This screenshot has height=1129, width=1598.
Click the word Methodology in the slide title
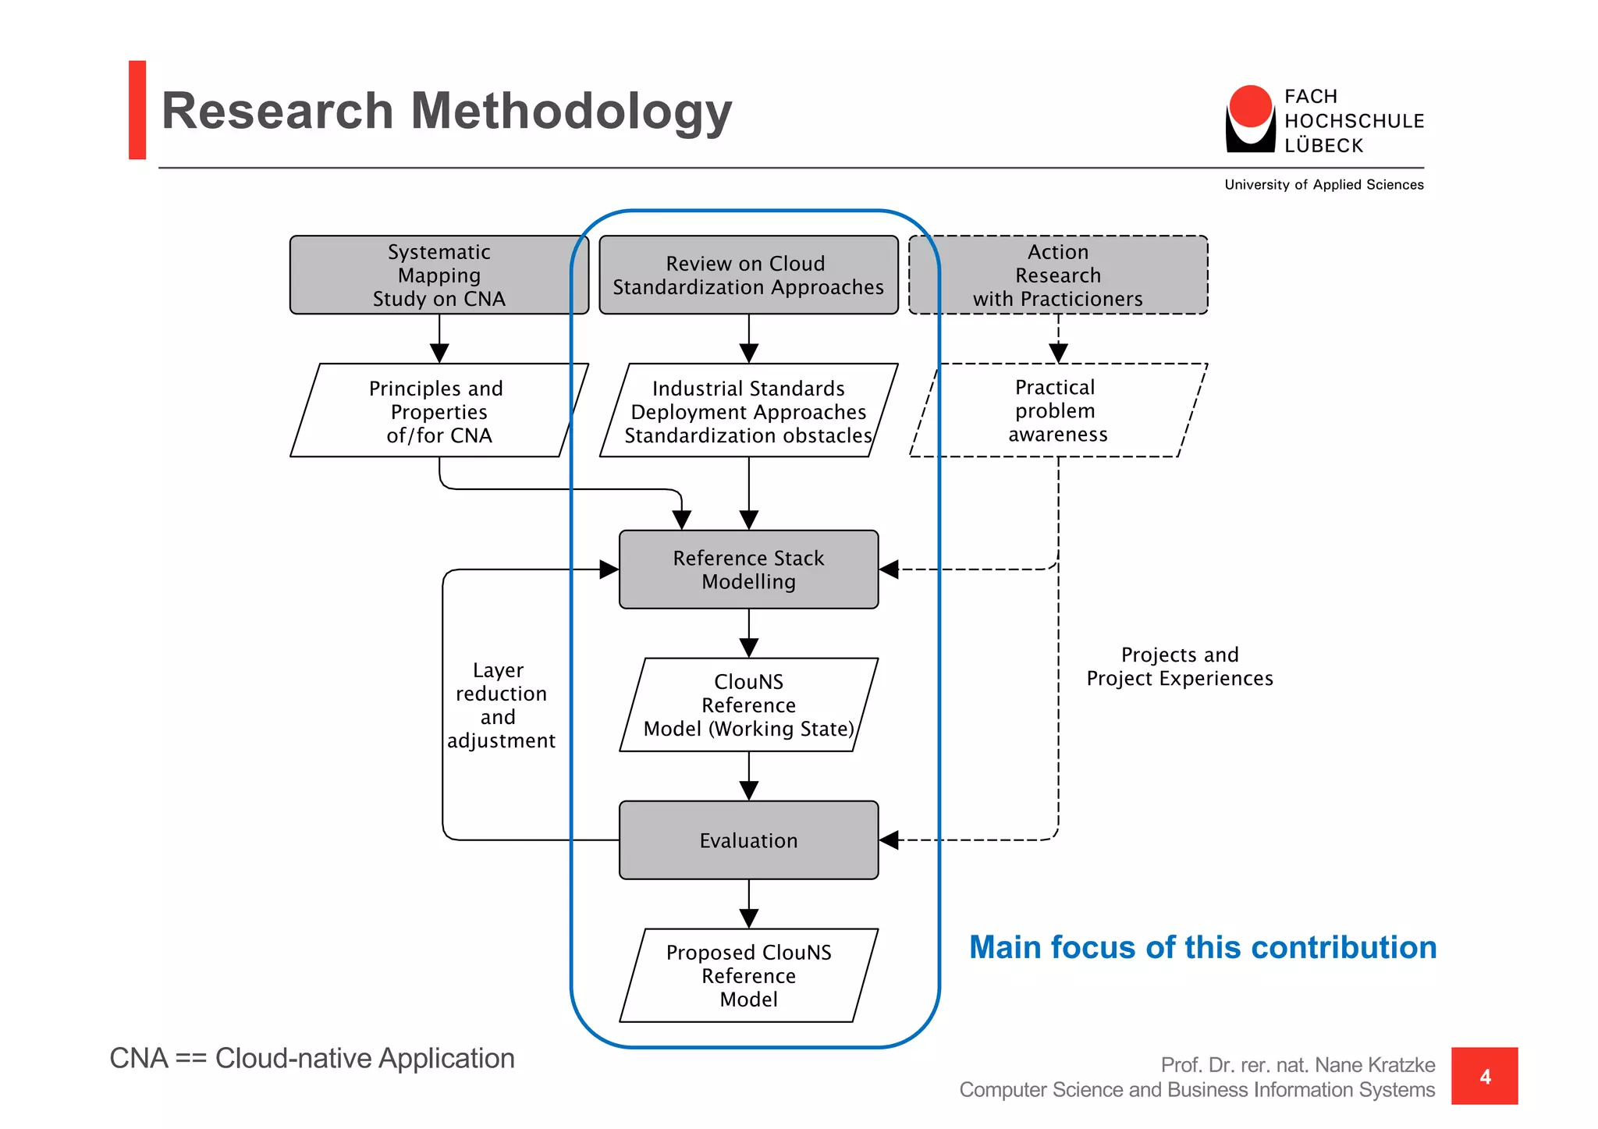point(570,111)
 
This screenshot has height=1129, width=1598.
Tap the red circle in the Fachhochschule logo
point(1250,106)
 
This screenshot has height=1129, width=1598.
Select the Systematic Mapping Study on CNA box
point(439,275)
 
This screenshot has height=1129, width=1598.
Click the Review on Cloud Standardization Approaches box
point(748,275)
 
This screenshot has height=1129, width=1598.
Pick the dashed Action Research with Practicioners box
point(1058,275)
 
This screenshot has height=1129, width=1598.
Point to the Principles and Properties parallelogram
point(439,411)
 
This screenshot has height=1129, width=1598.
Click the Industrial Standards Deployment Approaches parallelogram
point(748,411)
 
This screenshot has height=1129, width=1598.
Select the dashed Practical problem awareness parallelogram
point(1058,411)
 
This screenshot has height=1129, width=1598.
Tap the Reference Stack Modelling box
point(748,570)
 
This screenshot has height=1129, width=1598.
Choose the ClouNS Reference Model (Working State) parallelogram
point(748,705)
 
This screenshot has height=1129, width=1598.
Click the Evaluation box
point(748,840)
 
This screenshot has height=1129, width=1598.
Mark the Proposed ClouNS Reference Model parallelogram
point(748,976)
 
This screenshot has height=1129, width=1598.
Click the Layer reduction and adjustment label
point(501,705)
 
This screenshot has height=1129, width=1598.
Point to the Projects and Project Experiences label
point(1179,666)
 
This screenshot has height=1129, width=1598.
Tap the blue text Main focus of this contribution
point(1202,947)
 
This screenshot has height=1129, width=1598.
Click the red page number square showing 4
point(1484,1076)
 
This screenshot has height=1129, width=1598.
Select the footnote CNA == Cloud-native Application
point(312,1059)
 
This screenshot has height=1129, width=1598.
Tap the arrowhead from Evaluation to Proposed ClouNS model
point(748,918)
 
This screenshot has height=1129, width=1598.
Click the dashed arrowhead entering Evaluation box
point(890,840)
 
